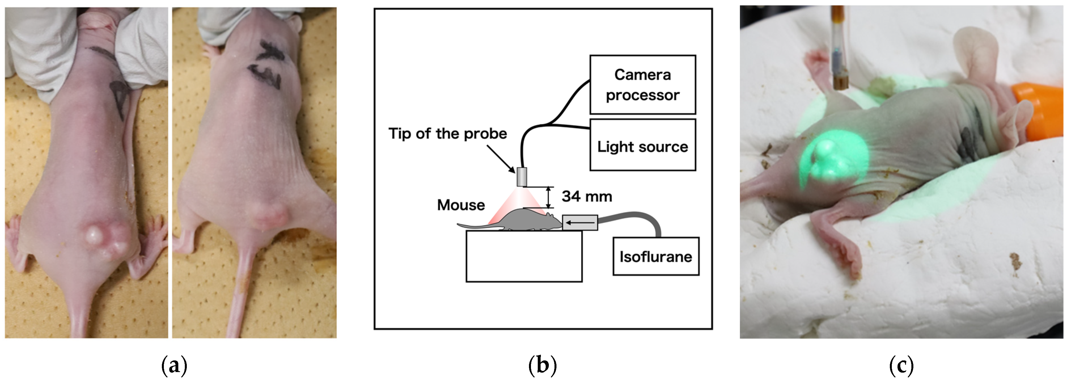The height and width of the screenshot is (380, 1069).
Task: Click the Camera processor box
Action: [642, 85]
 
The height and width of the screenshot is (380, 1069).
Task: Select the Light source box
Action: [642, 145]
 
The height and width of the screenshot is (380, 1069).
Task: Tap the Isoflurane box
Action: [656, 256]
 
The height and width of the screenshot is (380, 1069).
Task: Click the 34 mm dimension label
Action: [587, 196]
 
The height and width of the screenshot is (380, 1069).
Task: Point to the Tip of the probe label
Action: [447, 134]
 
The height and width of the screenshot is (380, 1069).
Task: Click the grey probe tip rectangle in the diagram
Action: [522, 177]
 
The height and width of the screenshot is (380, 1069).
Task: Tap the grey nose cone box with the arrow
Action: [580, 222]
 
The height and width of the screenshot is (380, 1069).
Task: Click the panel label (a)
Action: [174, 366]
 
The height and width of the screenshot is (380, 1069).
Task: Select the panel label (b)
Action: [542, 366]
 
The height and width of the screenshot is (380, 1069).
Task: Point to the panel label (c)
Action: [901, 366]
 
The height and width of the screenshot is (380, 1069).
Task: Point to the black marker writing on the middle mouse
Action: [266, 64]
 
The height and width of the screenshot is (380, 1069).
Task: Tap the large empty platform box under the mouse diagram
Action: [524, 256]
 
